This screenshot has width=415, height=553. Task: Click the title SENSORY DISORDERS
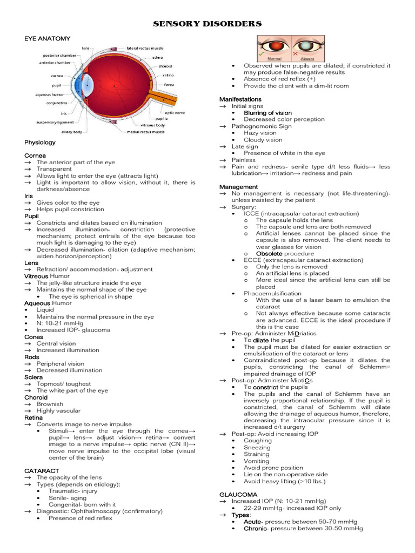(207, 24)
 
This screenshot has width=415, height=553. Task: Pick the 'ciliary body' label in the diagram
(71, 132)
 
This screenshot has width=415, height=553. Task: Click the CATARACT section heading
(42, 471)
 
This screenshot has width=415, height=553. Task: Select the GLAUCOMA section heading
(235, 495)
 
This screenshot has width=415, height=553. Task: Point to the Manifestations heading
(240, 99)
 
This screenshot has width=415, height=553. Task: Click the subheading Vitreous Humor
(47, 276)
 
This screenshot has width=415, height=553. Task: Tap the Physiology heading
(40, 143)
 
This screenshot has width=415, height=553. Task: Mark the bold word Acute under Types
(252, 522)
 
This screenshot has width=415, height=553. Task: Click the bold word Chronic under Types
(255, 529)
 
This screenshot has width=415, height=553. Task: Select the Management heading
(239, 187)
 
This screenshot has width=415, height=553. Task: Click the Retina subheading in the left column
(34, 417)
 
